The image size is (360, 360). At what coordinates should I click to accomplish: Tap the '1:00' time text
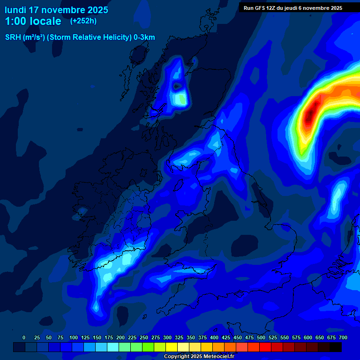[15, 22]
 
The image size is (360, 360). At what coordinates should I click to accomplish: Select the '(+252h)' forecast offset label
[83, 21]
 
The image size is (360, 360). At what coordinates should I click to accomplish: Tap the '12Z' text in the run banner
[271, 8]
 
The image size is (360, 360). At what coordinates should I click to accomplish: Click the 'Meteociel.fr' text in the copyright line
[218, 357]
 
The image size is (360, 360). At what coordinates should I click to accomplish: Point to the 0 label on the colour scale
[24, 337]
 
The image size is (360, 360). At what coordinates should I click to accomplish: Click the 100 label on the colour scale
[74, 337]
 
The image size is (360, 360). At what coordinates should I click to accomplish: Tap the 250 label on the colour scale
[144, 337]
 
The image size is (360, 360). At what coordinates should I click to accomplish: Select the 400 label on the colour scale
[214, 337]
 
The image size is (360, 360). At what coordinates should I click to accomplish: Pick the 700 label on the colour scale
[343, 337]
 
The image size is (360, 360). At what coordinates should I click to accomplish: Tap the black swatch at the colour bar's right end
[336, 347]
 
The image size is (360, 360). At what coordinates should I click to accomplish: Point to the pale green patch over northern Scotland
[180, 99]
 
